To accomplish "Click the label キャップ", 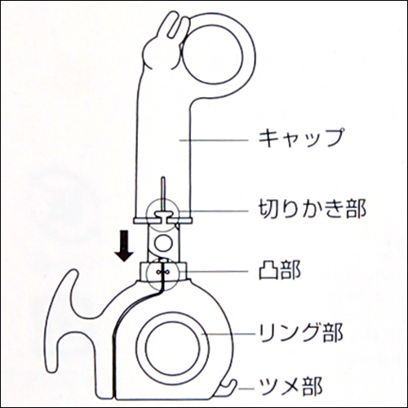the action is pyautogui.click(x=301, y=138).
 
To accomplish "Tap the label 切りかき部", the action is pyautogui.click(x=312, y=209).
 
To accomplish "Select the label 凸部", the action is pyautogui.click(x=280, y=270).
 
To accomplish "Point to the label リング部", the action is pyautogui.click(x=300, y=334).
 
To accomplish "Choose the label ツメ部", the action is pyautogui.click(x=290, y=387).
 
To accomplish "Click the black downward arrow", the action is pyautogui.click(x=124, y=246).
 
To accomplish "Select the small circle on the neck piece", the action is pyautogui.click(x=163, y=243).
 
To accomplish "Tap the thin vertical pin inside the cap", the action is pyautogui.click(x=163, y=194).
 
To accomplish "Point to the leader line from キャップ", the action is pyautogui.click(x=214, y=140).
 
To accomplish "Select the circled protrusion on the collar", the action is pyautogui.click(x=163, y=273).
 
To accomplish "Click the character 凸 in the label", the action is pyautogui.click(x=268, y=270).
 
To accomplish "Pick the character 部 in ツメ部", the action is pyautogui.click(x=312, y=387).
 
